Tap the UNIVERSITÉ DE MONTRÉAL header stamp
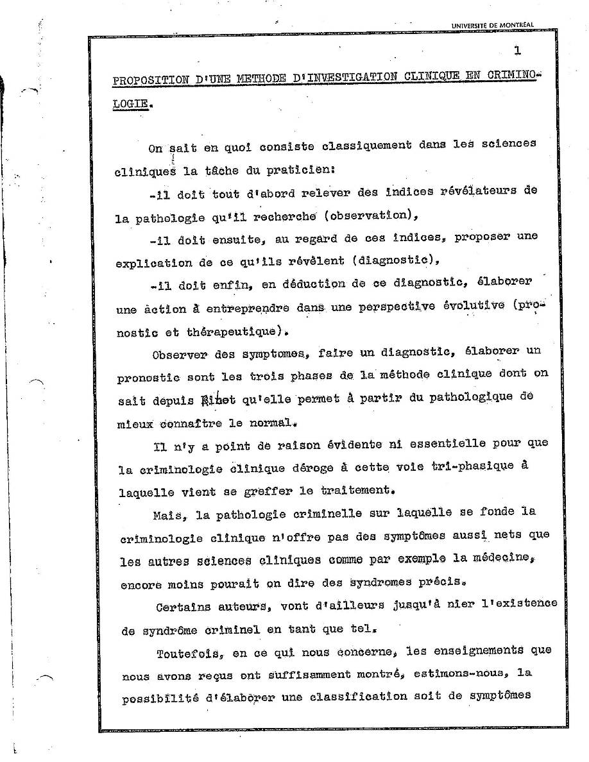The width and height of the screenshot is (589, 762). (492, 26)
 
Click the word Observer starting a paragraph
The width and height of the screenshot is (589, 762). (180, 354)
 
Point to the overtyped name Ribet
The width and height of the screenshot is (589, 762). (219, 400)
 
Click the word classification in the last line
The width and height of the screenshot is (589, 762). (356, 698)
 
